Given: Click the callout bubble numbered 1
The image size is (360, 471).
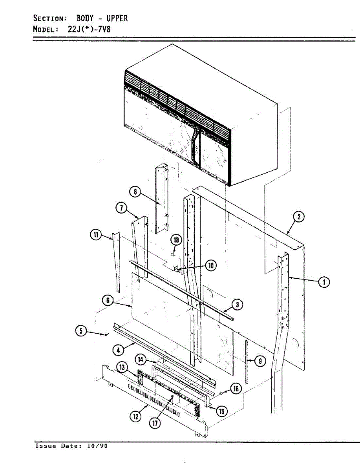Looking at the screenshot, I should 324,282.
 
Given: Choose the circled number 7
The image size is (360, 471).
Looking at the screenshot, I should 121,208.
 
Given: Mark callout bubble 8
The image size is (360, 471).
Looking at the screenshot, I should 135,192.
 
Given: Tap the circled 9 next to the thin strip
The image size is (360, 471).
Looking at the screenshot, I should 260,361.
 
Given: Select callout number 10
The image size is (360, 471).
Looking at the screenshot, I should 211,266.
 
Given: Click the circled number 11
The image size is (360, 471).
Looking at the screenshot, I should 95,235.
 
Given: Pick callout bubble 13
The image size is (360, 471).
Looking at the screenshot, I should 122,367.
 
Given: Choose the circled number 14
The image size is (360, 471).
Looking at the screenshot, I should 140,359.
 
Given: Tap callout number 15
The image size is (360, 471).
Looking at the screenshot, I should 222,411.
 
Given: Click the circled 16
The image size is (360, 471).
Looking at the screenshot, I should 236,389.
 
